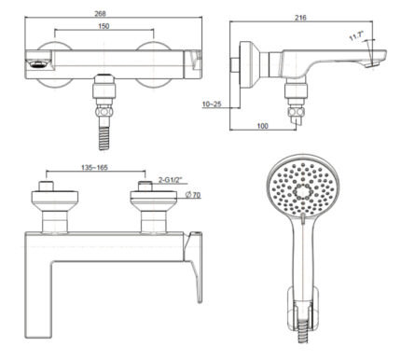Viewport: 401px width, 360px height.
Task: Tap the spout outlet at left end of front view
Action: [35, 65]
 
